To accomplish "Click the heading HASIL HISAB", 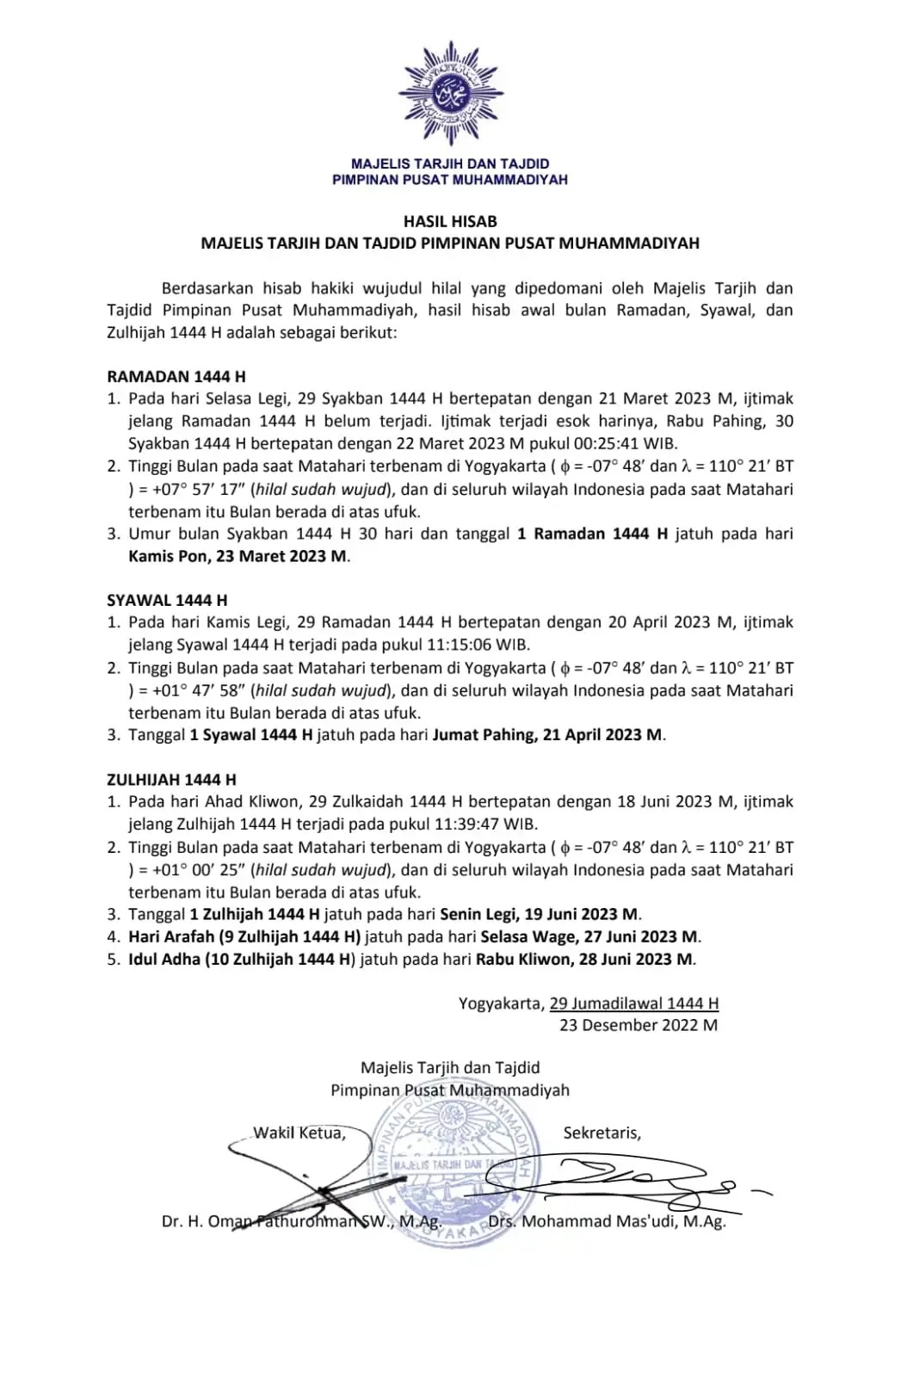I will (x=450, y=221).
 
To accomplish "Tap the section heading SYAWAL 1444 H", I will (x=167, y=600).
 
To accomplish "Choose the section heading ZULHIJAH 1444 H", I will (x=171, y=780).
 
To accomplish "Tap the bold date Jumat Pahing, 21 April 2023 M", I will (x=547, y=735).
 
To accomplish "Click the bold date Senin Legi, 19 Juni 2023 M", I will (x=540, y=914).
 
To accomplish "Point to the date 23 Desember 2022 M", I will (x=638, y=1025).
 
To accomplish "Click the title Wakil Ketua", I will (x=299, y=1133).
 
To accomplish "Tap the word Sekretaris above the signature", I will (x=602, y=1133).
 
